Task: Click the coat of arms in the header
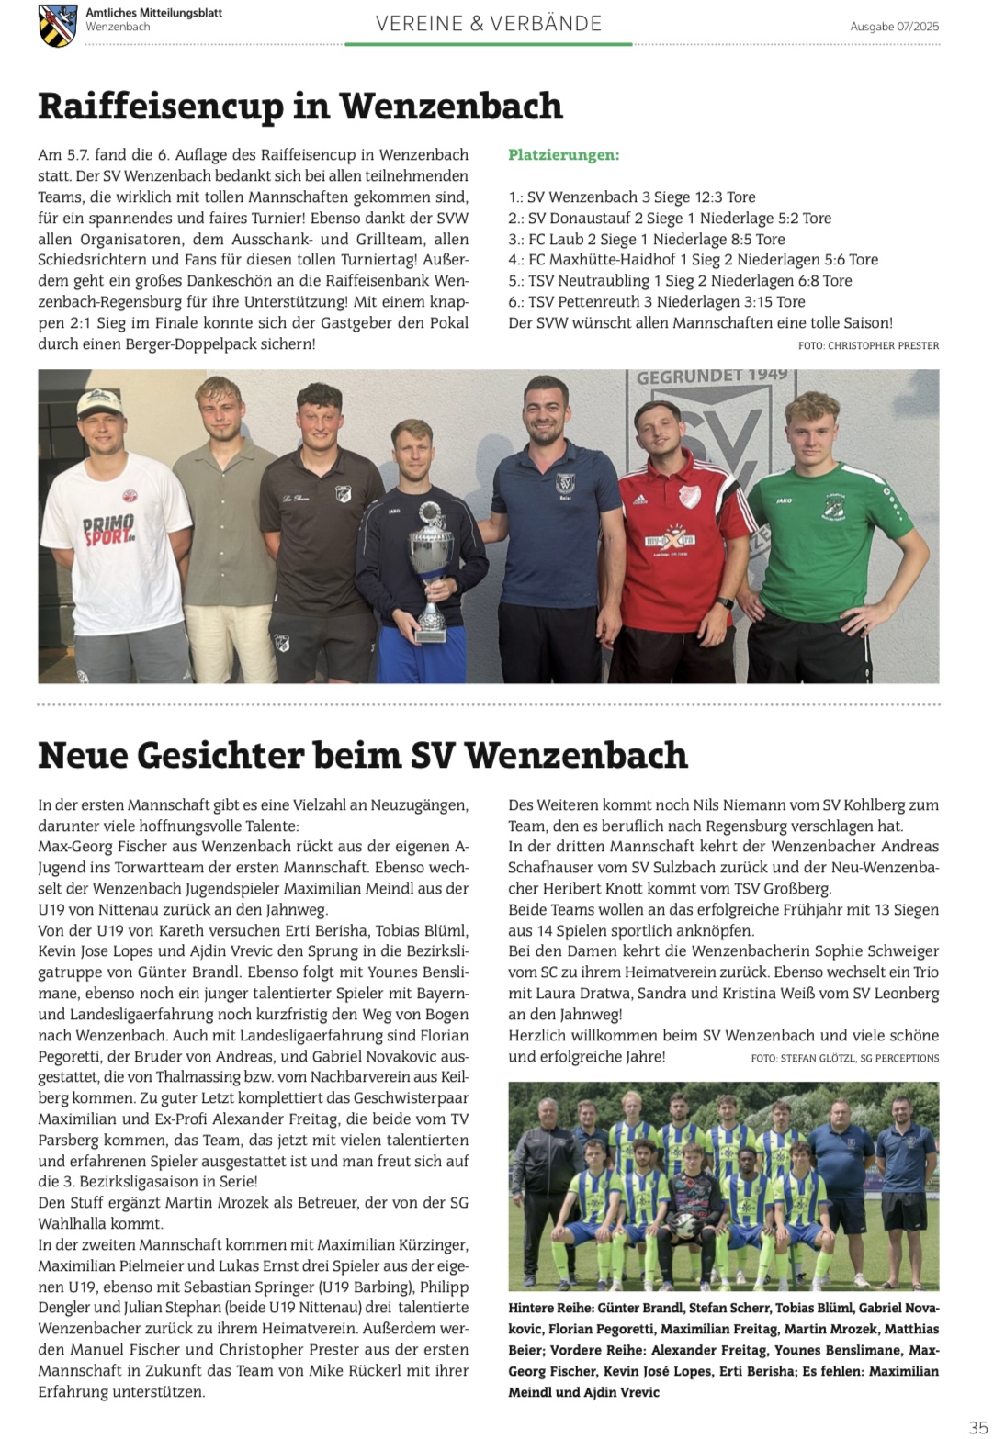click(58, 25)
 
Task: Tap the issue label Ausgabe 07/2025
click(894, 27)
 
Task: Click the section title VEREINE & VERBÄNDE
click(488, 24)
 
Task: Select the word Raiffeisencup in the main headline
click(161, 107)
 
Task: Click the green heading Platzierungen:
click(563, 154)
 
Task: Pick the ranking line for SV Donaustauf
click(669, 218)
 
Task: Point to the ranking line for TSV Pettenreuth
click(656, 301)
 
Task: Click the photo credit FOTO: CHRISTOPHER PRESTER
click(868, 345)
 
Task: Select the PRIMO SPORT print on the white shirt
click(109, 530)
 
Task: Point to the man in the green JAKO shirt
click(815, 533)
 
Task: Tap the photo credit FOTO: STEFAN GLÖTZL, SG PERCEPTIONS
click(844, 1058)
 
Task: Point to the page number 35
click(978, 1426)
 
